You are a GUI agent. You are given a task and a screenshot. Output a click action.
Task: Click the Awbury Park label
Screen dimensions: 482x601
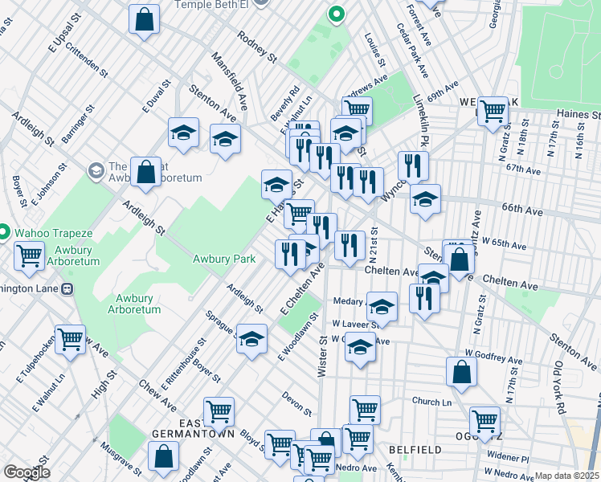point(224,259)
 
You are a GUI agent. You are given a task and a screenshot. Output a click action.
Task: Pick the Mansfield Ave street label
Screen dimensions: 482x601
point(229,76)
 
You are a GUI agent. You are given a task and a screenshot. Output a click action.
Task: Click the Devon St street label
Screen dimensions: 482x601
point(296,402)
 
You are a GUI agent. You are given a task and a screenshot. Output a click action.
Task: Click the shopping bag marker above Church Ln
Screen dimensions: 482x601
point(461,372)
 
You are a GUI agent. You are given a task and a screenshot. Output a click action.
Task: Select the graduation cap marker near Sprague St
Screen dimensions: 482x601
point(251,339)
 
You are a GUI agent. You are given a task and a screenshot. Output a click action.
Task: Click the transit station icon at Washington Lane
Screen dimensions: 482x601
point(67,288)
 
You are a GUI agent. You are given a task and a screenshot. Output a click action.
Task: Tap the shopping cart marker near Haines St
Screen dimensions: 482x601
point(493,112)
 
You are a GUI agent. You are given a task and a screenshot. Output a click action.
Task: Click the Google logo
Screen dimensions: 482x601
point(27,472)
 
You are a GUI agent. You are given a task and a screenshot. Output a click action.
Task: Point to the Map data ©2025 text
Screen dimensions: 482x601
point(566,476)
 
